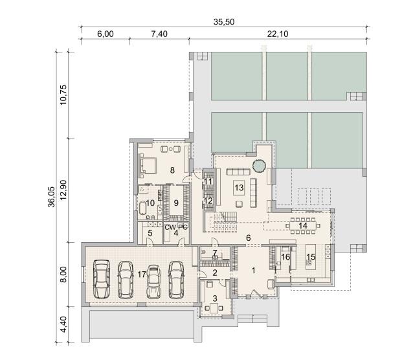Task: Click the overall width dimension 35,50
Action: tap(224, 21)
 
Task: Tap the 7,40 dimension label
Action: tap(159, 34)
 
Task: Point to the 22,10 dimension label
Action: tap(278, 34)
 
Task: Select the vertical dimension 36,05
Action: tap(52, 197)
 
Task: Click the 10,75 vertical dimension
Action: tap(63, 95)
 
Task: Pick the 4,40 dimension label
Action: tap(63, 324)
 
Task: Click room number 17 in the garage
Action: tap(142, 275)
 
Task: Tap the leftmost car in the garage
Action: tap(102, 279)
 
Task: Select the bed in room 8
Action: tap(147, 166)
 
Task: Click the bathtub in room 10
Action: tap(142, 208)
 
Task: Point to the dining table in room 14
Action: tap(303, 225)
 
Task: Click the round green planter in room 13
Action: tap(258, 166)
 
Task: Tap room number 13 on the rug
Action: tap(239, 188)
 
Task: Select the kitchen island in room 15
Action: tap(311, 256)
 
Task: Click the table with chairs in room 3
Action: tap(214, 308)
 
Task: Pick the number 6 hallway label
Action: tap(249, 238)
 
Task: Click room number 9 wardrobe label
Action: tap(176, 203)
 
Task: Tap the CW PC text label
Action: tap(176, 227)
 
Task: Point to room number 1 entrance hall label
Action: tap(253, 271)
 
